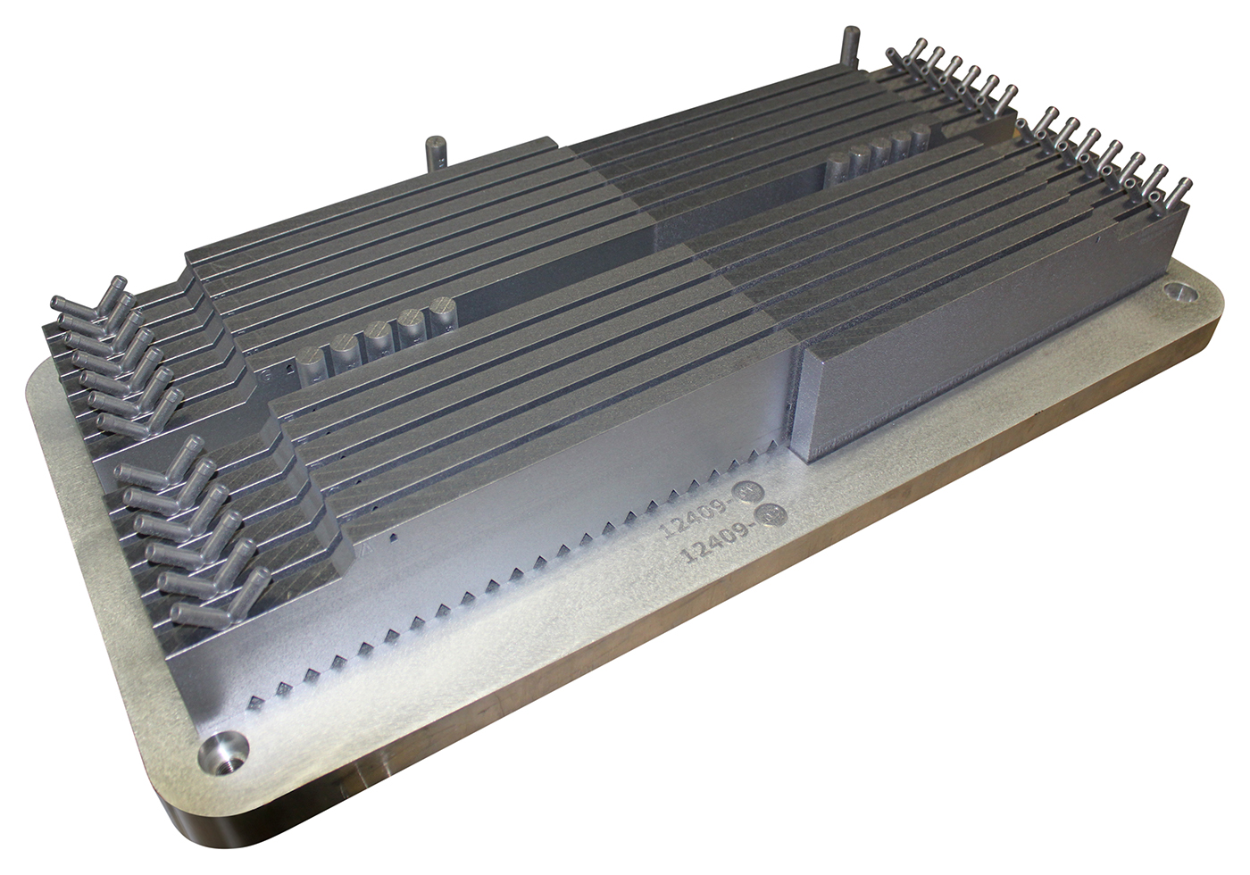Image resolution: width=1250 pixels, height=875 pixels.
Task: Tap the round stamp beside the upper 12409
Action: tap(746, 493)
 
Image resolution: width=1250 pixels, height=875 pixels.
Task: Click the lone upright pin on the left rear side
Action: tap(437, 155)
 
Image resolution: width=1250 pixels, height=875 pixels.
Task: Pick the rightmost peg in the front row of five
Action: tap(441, 318)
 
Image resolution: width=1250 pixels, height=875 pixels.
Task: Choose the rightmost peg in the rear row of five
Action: tap(921, 139)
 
